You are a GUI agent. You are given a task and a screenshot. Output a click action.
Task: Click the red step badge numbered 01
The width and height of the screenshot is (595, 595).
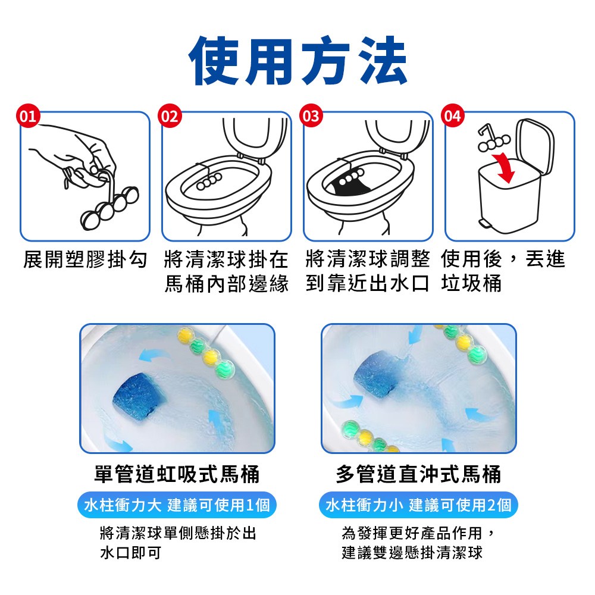(x=28, y=116)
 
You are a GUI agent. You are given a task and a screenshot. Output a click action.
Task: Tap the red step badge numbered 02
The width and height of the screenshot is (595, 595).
(x=170, y=116)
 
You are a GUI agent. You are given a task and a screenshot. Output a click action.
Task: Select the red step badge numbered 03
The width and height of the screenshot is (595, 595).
(x=311, y=116)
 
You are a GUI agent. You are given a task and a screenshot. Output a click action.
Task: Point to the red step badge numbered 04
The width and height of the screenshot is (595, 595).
(x=453, y=116)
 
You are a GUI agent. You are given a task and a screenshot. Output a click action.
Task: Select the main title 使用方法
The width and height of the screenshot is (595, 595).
(x=297, y=61)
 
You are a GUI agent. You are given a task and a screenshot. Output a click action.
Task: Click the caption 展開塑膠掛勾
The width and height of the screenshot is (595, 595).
(x=85, y=259)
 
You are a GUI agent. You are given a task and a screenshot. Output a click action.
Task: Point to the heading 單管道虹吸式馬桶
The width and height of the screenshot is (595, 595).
(x=177, y=474)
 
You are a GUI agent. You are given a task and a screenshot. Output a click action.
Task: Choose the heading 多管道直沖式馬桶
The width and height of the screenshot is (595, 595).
(x=418, y=474)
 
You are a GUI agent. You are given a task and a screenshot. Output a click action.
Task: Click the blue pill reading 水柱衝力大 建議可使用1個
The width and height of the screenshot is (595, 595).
(x=177, y=505)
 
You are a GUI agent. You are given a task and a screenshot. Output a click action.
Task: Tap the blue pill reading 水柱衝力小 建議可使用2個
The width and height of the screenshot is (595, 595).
(x=418, y=505)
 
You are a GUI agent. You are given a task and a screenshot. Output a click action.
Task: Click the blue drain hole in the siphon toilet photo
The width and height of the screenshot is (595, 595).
(x=139, y=396)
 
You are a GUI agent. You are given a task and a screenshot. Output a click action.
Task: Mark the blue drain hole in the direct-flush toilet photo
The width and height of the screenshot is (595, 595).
(x=375, y=375)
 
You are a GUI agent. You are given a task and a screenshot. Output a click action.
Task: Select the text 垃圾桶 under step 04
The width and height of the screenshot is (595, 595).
(x=471, y=284)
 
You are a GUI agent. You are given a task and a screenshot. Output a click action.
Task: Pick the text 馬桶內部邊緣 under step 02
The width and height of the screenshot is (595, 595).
(x=227, y=284)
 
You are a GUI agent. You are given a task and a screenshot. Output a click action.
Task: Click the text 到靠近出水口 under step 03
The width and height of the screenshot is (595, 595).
(x=368, y=284)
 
